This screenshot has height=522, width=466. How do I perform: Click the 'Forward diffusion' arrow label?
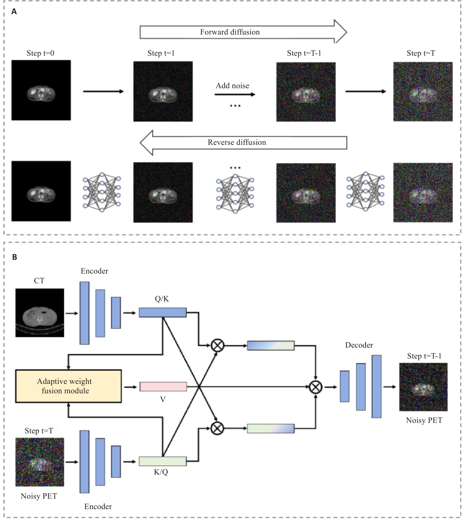coord(230,32)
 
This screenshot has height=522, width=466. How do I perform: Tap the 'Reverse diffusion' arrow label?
coord(236,142)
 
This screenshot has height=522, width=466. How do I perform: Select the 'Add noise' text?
coord(232,86)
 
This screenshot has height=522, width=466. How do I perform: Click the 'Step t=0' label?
coord(40,53)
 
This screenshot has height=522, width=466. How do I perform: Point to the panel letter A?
coord(14,11)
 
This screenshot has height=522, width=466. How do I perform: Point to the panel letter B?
coord(15,257)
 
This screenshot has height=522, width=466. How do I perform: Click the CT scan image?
coord(40,313)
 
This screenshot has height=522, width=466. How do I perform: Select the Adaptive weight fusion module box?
coord(68,386)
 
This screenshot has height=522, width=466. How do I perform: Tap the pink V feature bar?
coord(163,386)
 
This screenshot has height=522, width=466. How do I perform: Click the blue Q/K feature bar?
coord(163,313)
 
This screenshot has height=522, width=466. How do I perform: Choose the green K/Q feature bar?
coord(163,461)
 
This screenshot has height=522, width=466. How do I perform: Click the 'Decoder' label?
coord(359,345)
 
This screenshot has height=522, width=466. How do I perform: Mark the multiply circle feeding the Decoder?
coord(315,387)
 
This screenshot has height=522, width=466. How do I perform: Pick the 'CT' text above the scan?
coord(39,281)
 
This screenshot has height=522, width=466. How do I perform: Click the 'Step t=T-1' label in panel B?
coord(424,356)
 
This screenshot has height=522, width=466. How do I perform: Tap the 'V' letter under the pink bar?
coord(163,399)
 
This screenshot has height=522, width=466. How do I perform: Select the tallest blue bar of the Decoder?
coord(376,386)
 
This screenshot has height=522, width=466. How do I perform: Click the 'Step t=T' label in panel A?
coord(421,53)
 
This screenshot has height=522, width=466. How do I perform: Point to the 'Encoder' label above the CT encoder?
coord(94,271)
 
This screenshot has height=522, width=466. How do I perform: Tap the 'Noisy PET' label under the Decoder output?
coord(424,420)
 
